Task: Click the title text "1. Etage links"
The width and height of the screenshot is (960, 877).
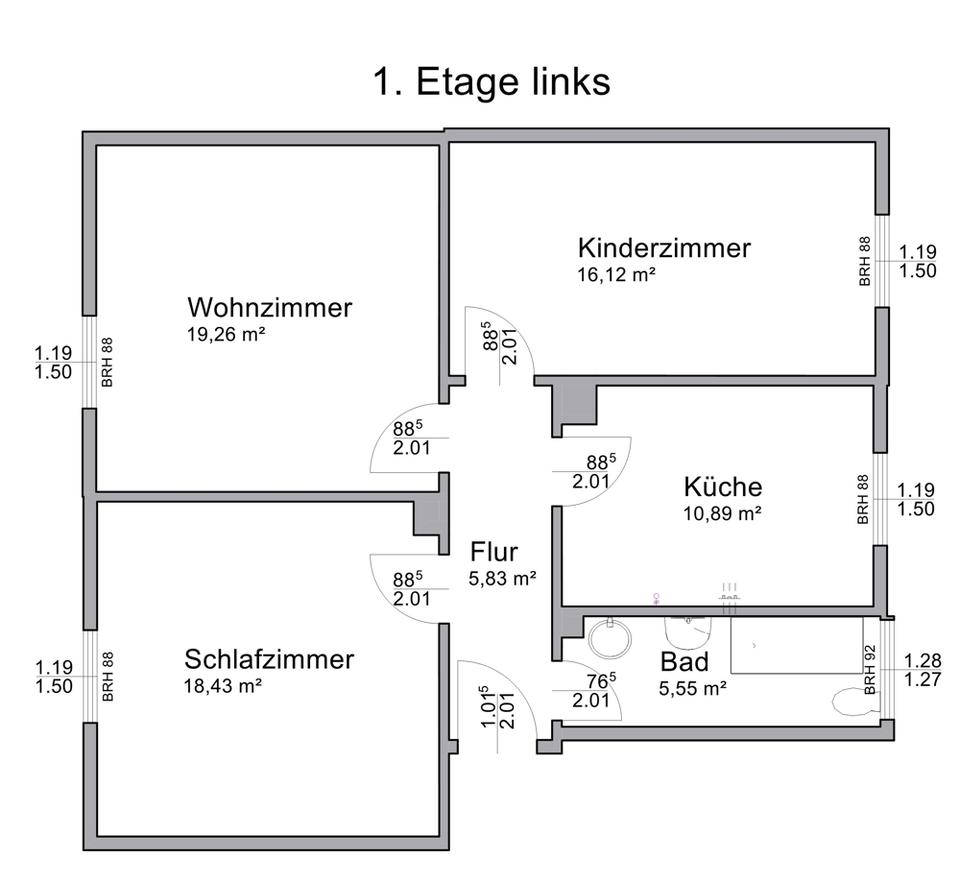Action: (491, 82)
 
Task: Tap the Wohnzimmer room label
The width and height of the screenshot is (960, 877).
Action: (269, 307)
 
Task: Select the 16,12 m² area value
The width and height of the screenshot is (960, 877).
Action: (616, 274)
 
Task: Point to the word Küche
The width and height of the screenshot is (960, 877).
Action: (722, 487)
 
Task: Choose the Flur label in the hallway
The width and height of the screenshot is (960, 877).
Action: (494, 551)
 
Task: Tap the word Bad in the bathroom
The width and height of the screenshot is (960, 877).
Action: (684, 662)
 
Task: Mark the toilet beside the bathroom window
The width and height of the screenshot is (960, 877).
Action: (853, 702)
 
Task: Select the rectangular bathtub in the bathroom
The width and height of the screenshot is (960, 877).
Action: (796, 645)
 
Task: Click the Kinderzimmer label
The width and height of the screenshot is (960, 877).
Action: (664, 248)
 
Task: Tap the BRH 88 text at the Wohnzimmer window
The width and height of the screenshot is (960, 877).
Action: (107, 362)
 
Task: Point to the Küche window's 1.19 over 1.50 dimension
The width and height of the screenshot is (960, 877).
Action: (916, 499)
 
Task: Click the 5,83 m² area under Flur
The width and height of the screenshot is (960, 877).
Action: (503, 578)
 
